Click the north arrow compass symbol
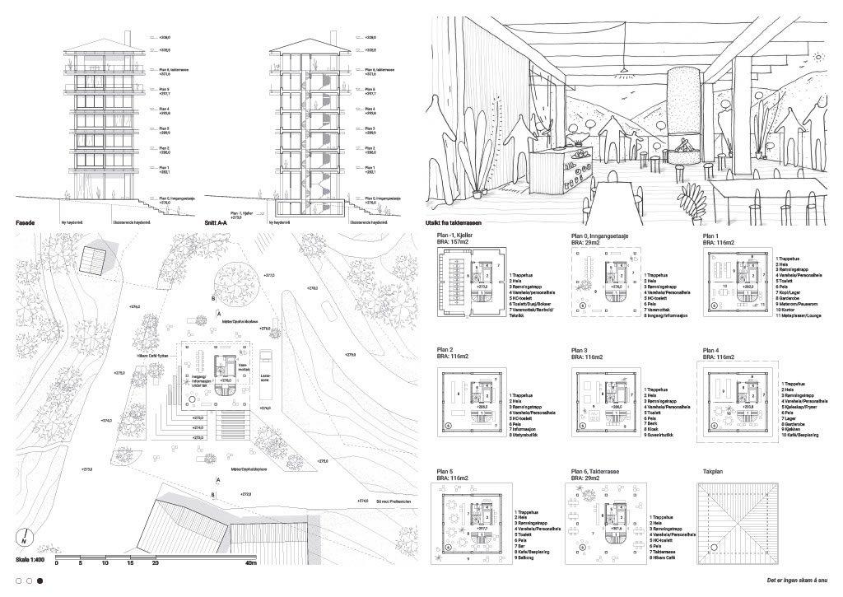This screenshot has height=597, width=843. pyautogui.click(x=24, y=540)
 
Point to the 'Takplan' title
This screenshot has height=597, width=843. pyautogui.click(x=714, y=472)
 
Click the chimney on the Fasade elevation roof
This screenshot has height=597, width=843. pyautogui.click(x=129, y=37)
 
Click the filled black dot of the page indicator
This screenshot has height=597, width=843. pyautogui.click(x=40, y=581)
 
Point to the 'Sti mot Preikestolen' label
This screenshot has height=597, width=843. pyautogui.click(x=389, y=500)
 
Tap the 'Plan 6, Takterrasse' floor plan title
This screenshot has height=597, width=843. pyautogui.click(x=597, y=472)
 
